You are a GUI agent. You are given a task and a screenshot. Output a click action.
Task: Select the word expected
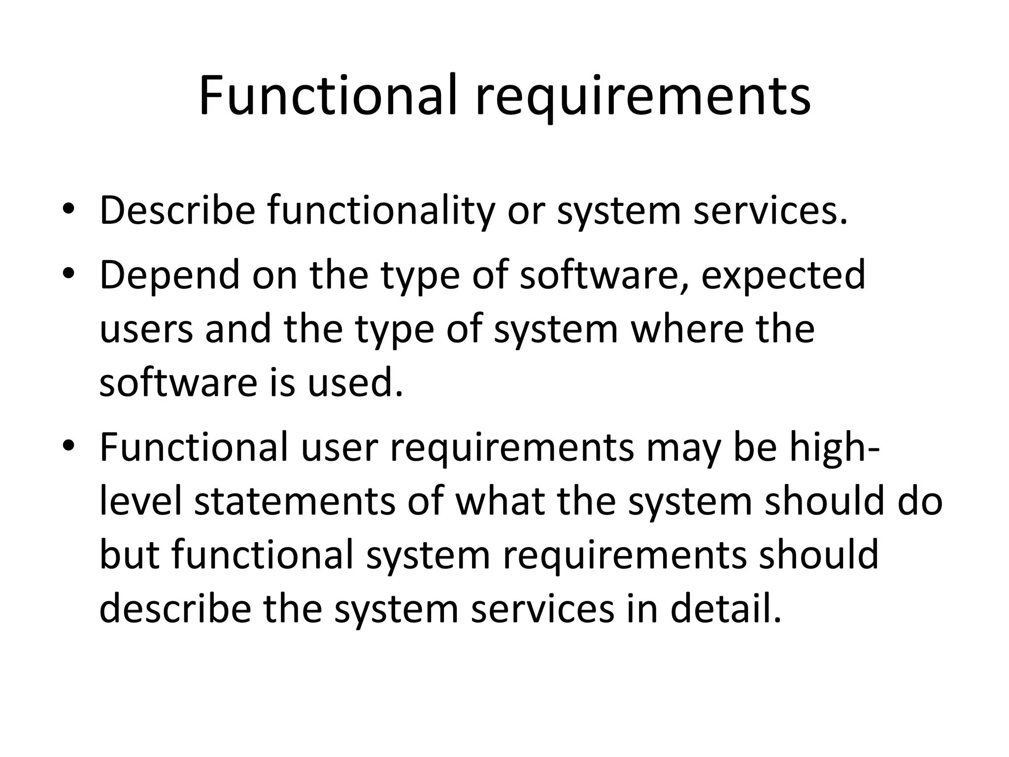click(783, 275)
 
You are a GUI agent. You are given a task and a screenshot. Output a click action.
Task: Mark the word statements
click(295, 502)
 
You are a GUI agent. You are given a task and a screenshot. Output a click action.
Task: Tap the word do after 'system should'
click(918, 501)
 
